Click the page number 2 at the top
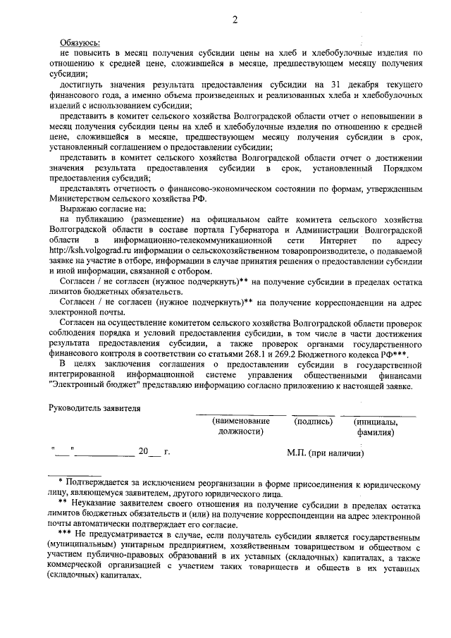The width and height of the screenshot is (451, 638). (235, 20)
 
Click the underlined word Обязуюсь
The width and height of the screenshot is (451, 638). (80, 42)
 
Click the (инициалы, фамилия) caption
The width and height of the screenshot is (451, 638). (375, 426)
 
